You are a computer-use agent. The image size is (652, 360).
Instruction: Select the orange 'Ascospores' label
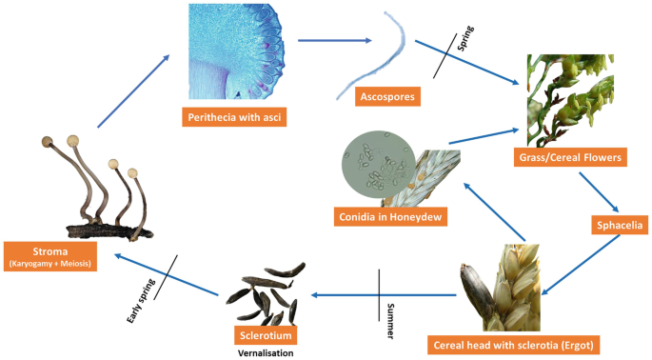coord(384,95)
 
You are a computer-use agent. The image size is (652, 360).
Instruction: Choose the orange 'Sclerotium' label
coord(264,335)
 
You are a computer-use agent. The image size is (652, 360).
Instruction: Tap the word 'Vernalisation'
coord(265,353)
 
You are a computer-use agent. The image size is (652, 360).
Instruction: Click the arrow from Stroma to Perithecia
coord(132,91)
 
